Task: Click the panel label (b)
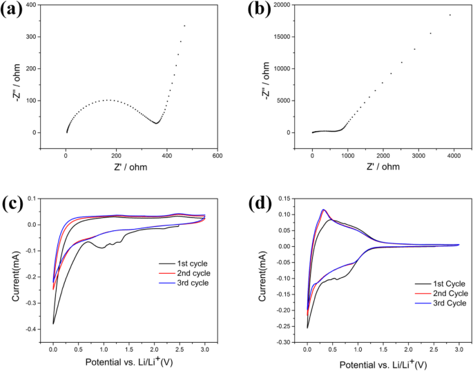[x=263, y=10]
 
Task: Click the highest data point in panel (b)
[x=450, y=15]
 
